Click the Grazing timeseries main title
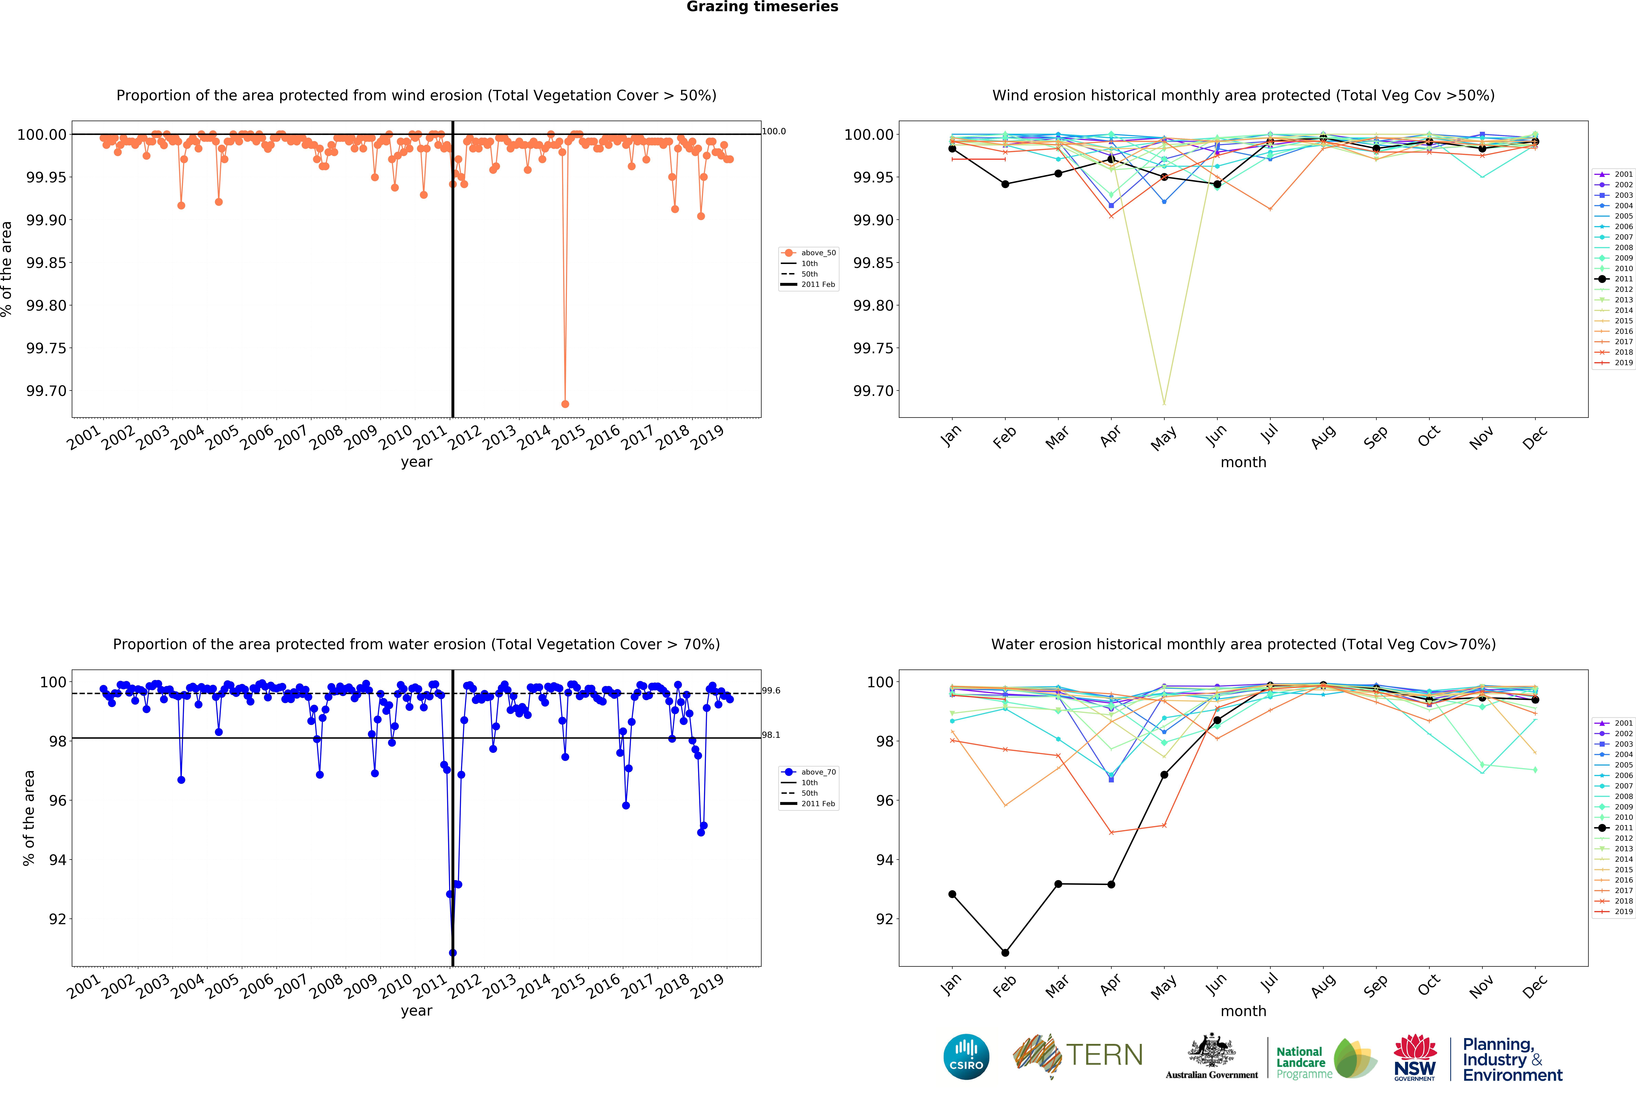(x=762, y=7)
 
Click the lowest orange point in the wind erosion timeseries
(x=565, y=404)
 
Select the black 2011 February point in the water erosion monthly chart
(x=1005, y=953)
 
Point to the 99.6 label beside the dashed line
(x=771, y=690)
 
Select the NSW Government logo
(x=1415, y=1057)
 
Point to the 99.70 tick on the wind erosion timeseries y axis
(x=46, y=391)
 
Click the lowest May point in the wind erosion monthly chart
(x=1164, y=404)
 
